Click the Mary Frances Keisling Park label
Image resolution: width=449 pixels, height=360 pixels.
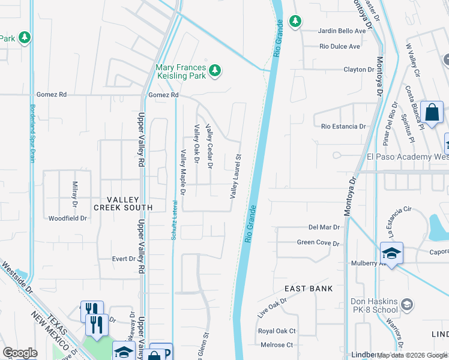[x=180, y=71]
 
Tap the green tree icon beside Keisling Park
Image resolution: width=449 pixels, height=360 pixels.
[x=215, y=72]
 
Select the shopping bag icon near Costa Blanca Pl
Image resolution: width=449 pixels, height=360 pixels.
[x=432, y=112]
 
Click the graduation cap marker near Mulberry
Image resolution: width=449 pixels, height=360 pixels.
[x=391, y=253]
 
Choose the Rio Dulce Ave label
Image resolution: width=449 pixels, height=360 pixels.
[x=340, y=46]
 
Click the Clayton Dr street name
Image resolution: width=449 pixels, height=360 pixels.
[x=358, y=70]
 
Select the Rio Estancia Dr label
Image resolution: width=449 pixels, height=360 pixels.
[x=343, y=127]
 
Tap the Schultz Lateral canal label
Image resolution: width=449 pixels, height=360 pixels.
[x=174, y=220]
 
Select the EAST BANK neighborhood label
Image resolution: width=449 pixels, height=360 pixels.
[x=309, y=289]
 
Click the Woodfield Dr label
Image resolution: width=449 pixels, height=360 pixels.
[x=68, y=218]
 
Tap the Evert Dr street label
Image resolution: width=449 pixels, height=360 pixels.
[x=124, y=259]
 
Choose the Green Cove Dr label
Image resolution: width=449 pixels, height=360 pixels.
[x=318, y=243]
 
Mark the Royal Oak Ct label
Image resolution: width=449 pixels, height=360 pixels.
[x=277, y=331]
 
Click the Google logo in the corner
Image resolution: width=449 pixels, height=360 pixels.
[x=20, y=352]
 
